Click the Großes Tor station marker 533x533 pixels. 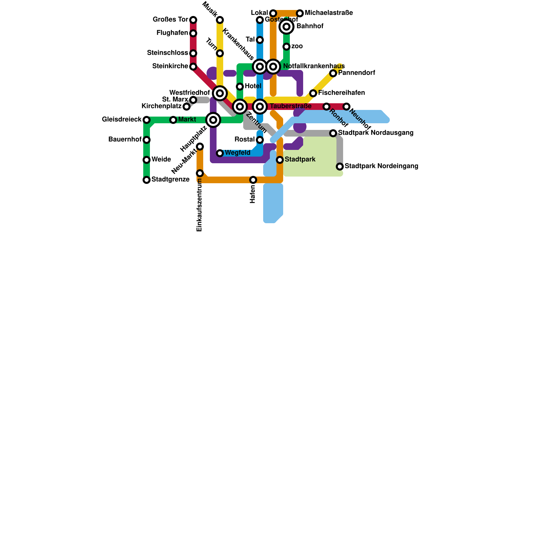click(193, 20)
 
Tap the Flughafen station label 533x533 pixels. click(172, 33)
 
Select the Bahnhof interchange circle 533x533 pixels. click(286, 27)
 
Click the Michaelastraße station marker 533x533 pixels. click(300, 13)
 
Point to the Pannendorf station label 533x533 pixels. click(356, 73)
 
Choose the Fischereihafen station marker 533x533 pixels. click(313, 93)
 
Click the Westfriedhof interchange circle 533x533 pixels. click(220, 93)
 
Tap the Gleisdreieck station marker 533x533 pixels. click(147, 120)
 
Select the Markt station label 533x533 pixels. click(187, 120)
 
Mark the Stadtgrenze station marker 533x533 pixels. click(147, 180)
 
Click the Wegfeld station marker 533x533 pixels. click(220, 153)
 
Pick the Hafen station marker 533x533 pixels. click(253, 180)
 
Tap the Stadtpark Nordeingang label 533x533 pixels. click(381, 166)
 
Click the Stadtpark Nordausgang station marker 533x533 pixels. click(333, 133)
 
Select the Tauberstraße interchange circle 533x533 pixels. click(260, 107)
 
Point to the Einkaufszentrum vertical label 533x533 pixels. click(200, 205)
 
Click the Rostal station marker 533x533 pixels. click(260, 140)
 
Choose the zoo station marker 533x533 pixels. click(286, 47)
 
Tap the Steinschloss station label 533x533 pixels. click(168, 53)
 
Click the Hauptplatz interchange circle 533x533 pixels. click(213, 120)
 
